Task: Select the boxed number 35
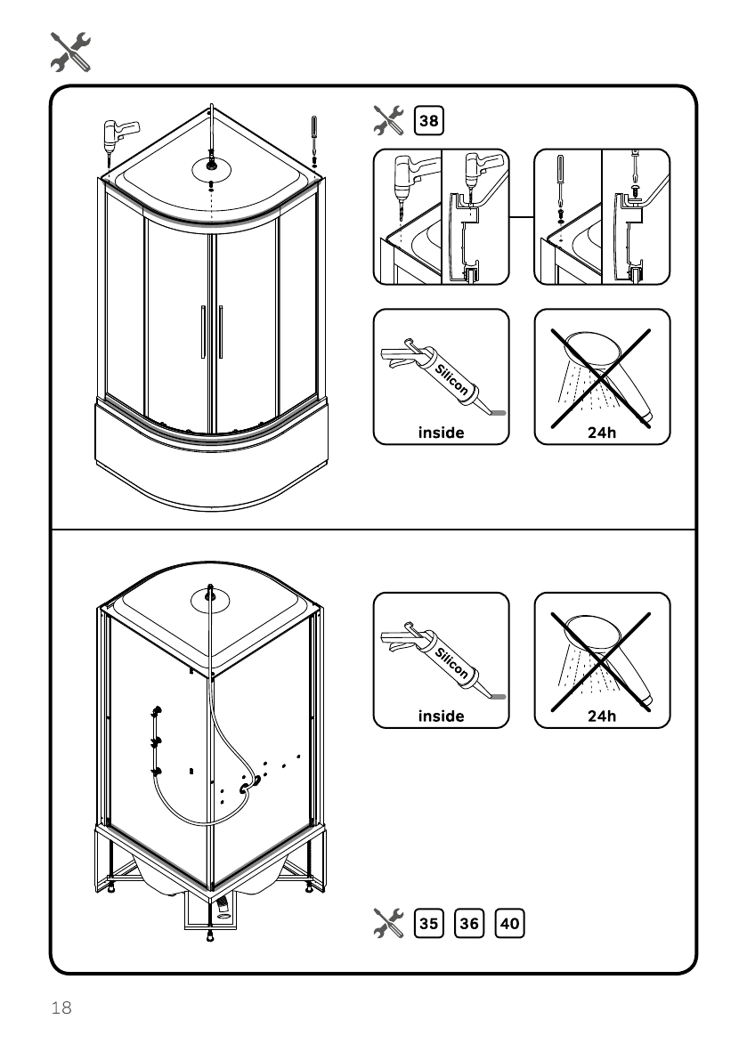click(428, 924)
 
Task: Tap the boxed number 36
click(469, 924)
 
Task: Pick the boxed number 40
click(510, 924)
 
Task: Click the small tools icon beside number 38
click(388, 120)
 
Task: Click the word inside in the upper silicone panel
click(441, 433)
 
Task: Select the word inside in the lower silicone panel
click(441, 716)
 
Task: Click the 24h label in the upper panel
click(602, 433)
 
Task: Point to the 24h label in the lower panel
click(602, 716)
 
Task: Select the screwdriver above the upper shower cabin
click(314, 138)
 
